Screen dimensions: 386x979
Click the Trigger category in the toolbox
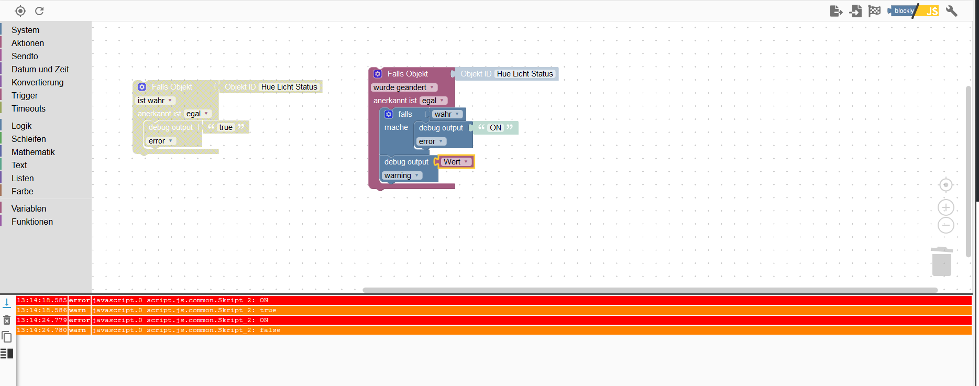[25, 95]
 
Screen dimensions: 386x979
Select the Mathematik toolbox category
[33, 152]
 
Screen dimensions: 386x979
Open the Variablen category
[29, 208]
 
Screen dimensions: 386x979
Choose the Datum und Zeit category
[40, 69]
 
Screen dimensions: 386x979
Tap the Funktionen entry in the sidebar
[32, 222]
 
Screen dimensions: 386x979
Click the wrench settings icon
[951, 11]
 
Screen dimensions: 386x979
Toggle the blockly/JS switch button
[914, 11]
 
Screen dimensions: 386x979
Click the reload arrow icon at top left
[39, 11]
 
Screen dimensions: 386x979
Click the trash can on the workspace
[941, 261]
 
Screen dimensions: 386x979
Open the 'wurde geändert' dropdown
[403, 87]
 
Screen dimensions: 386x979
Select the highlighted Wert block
[455, 162]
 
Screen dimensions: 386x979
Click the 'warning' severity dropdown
[402, 175]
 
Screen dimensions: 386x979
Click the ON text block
[495, 128]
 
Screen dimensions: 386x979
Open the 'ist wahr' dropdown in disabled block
[155, 101]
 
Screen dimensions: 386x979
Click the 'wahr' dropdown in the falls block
[447, 114]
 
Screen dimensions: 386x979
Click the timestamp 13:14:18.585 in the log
[42, 301]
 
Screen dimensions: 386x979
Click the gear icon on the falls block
[389, 114]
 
